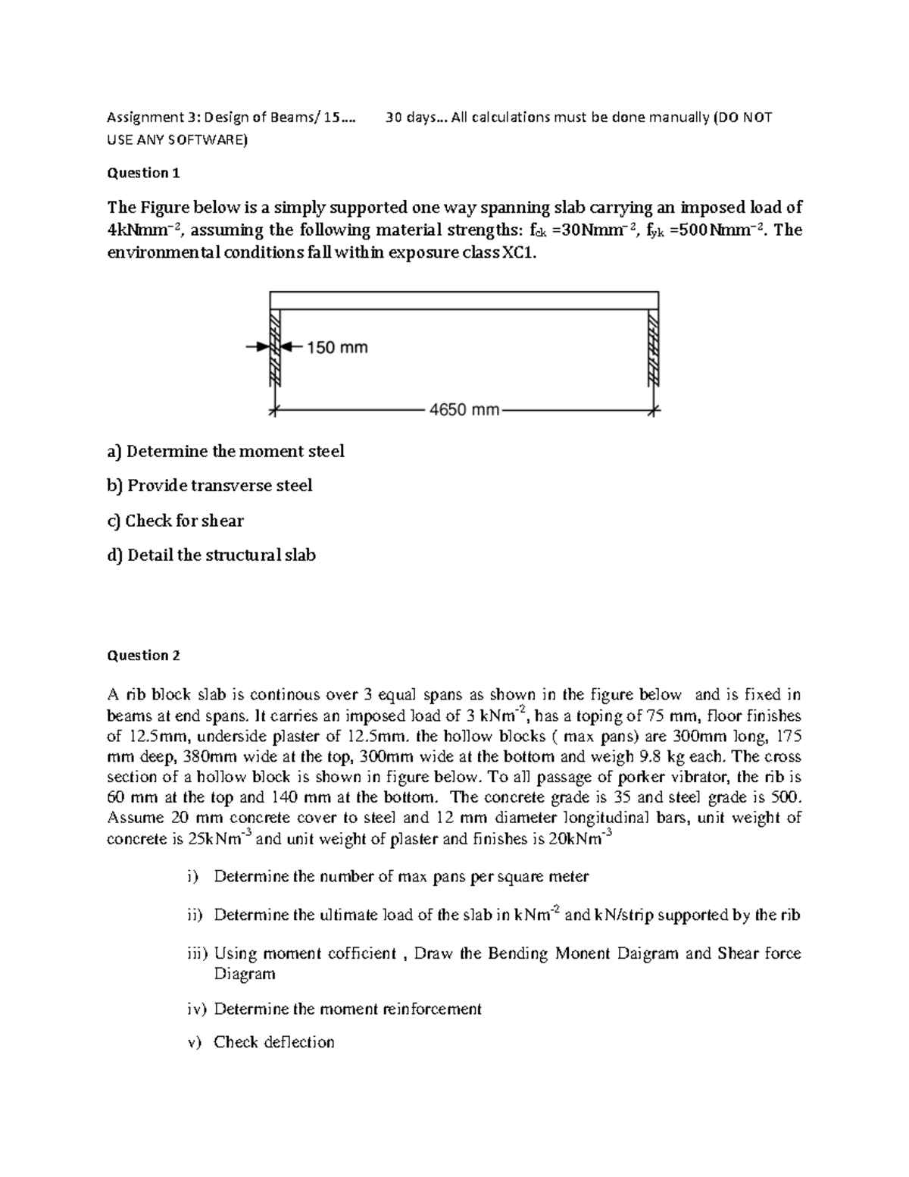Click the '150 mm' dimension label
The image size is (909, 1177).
pyautogui.click(x=337, y=347)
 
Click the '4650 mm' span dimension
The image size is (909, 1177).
pyautogui.click(x=464, y=410)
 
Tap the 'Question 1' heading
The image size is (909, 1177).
pyautogui.click(x=143, y=173)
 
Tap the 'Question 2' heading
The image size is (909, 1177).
pyautogui.click(x=143, y=656)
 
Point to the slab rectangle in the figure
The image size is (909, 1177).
pyautogui.click(x=464, y=299)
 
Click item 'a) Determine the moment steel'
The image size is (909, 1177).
pyautogui.click(x=226, y=451)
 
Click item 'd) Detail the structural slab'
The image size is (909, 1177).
pyautogui.click(x=211, y=555)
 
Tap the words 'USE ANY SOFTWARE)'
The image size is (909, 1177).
pyautogui.click(x=176, y=139)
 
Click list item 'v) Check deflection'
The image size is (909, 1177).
pyautogui.click(x=261, y=1042)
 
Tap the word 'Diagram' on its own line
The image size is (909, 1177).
pyautogui.click(x=244, y=974)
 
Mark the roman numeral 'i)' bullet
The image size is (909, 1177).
pyautogui.click(x=193, y=877)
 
